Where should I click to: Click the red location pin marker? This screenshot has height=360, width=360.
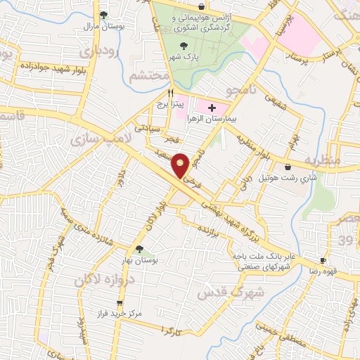coord(181,165)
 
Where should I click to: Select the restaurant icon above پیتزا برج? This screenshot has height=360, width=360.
coord(169,93)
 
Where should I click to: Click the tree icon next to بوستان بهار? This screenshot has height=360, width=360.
coord(139,249)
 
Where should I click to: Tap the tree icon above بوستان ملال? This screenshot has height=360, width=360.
coord(104,15)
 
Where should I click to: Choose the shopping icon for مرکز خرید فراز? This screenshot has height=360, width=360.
coord(120,303)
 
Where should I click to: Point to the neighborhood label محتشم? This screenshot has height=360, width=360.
coord(152,75)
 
